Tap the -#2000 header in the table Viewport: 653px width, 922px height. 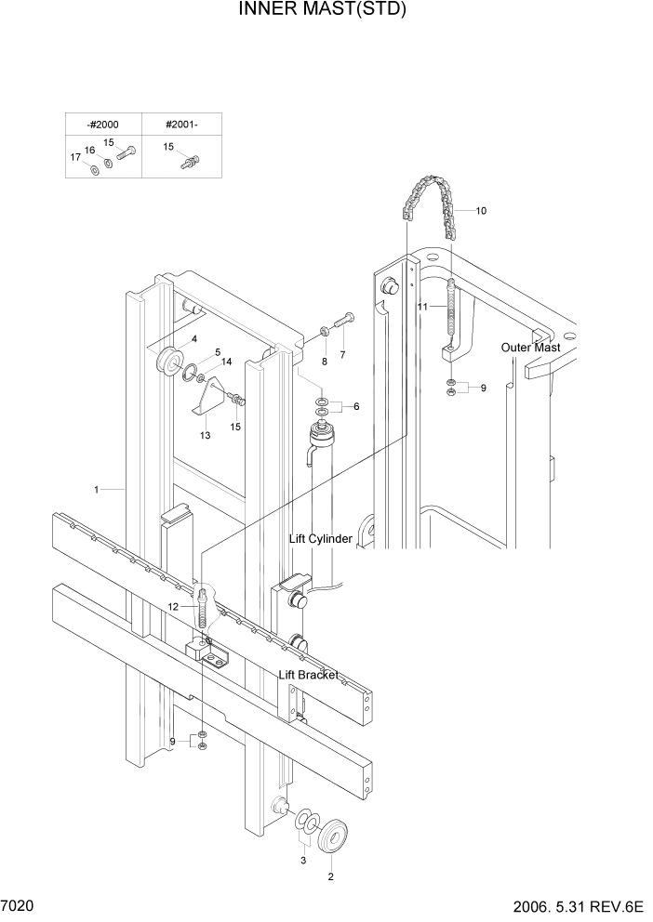(x=102, y=125)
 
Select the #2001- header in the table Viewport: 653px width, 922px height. (x=181, y=125)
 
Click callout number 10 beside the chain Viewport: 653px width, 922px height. (x=481, y=211)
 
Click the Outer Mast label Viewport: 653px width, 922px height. (x=530, y=348)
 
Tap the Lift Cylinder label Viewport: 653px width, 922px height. (x=321, y=539)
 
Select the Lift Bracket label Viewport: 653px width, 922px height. (x=309, y=675)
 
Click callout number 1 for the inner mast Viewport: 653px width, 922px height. (x=96, y=488)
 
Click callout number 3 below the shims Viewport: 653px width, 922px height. (x=302, y=861)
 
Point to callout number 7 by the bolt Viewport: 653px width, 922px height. (x=341, y=355)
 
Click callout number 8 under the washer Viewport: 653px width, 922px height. (x=325, y=361)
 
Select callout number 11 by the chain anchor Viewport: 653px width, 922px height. (x=421, y=306)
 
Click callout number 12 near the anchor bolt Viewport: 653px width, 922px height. (x=173, y=606)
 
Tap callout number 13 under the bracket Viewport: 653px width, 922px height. (x=206, y=435)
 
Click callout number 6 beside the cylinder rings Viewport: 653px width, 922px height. (x=354, y=406)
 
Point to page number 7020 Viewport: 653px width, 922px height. (x=19, y=904)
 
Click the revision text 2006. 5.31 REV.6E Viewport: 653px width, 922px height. (x=576, y=905)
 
